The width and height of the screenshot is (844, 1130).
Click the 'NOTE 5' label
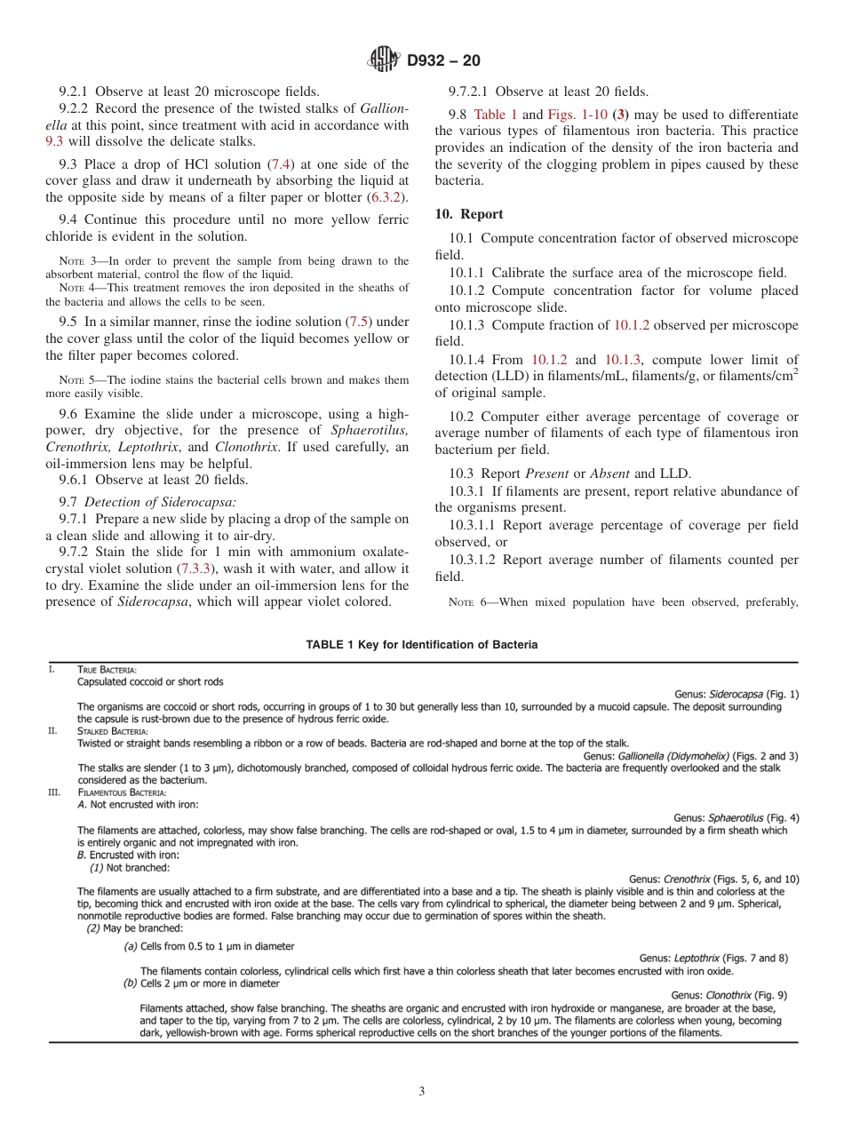(76, 380)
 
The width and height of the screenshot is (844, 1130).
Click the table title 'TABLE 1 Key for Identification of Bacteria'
(421, 645)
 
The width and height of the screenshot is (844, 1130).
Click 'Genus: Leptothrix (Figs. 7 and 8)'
(718, 958)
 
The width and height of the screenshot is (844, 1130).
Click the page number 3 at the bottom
(421, 1092)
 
